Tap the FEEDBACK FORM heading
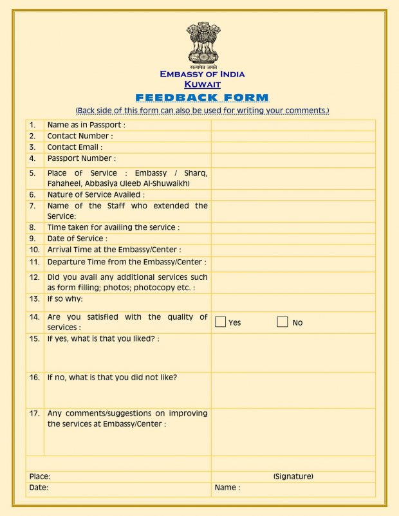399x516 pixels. (202, 98)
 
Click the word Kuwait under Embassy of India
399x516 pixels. (202, 84)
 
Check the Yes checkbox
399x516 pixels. (220, 322)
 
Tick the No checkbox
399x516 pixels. (283, 322)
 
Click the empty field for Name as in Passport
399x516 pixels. (293, 125)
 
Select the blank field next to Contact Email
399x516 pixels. (293, 147)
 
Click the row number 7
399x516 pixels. (32, 206)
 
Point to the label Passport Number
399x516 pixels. (81, 158)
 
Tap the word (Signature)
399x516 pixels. (293, 476)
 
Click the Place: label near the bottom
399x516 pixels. (40, 476)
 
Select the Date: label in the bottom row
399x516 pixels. (39, 488)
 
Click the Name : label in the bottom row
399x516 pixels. (227, 488)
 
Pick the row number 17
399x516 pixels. (35, 413)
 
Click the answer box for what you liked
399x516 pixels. (293, 353)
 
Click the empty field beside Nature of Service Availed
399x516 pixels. (293, 194)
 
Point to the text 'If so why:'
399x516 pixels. (65, 299)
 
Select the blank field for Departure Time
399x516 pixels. (293, 263)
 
